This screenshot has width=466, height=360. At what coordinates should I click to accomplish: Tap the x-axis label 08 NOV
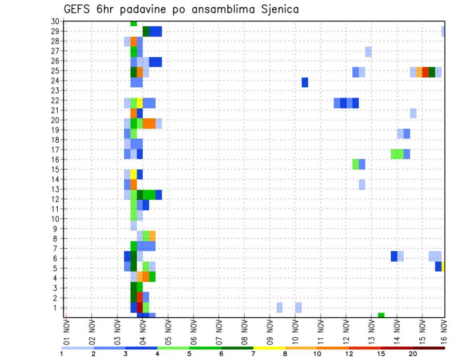tap(244, 333)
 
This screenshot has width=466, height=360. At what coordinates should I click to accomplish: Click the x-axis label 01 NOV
tap(66, 333)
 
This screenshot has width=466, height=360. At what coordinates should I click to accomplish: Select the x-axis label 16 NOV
tap(445, 333)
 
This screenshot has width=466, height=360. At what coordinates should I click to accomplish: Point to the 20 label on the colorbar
tap(413, 354)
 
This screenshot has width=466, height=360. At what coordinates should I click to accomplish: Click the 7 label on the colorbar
tap(254, 354)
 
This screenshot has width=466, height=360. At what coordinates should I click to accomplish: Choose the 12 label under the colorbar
tap(349, 354)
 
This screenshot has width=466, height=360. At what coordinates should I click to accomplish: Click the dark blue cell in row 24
tap(305, 82)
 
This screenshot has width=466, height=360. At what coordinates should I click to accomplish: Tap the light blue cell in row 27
tap(368, 51)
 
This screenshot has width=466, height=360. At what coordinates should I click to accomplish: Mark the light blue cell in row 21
tap(413, 113)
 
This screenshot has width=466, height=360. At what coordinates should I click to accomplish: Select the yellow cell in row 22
tap(140, 103)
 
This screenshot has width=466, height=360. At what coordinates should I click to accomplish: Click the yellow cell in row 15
tap(133, 174)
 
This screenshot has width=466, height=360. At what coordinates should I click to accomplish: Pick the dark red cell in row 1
tap(140, 308)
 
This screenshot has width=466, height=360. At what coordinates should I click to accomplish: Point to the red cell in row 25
tap(426, 72)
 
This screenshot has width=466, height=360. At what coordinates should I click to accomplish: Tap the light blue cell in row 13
tap(362, 184)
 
